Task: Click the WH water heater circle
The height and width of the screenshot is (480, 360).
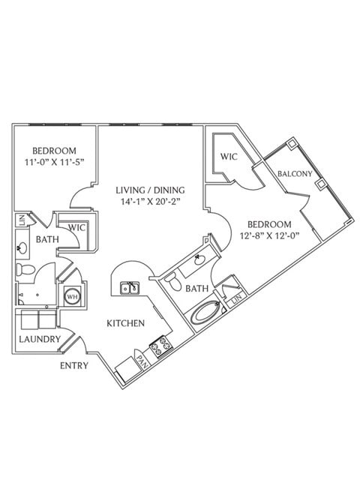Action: tap(73, 296)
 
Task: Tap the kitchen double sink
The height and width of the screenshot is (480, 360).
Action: tap(130, 288)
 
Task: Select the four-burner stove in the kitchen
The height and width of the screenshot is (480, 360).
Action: tap(161, 346)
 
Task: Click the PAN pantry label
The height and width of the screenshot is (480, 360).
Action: tap(142, 361)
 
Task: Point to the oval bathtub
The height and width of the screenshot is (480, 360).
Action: tap(205, 313)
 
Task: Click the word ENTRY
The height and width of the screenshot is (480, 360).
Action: tap(74, 365)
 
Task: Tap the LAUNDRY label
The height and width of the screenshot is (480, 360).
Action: tap(40, 339)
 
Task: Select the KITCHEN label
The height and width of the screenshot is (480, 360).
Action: tap(125, 323)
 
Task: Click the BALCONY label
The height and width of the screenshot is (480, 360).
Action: tap(295, 174)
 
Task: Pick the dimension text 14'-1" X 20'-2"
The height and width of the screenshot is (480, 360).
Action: tap(150, 202)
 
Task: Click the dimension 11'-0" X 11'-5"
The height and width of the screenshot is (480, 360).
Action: tap(55, 162)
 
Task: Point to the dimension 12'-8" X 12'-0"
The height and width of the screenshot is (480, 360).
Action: tap(269, 235)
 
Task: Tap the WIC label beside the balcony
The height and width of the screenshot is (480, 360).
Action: tap(229, 157)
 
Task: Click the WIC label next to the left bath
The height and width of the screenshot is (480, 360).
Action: tap(76, 228)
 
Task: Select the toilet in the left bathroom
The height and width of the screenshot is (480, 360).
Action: tap(25, 270)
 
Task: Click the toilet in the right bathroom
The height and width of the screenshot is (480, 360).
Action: tap(173, 283)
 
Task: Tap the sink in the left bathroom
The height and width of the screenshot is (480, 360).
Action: tap(23, 247)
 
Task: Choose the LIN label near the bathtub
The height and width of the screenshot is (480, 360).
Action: tap(237, 298)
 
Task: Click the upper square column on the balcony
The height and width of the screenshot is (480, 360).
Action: tap(291, 143)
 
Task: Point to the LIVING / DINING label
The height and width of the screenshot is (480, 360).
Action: tap(150, 190)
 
